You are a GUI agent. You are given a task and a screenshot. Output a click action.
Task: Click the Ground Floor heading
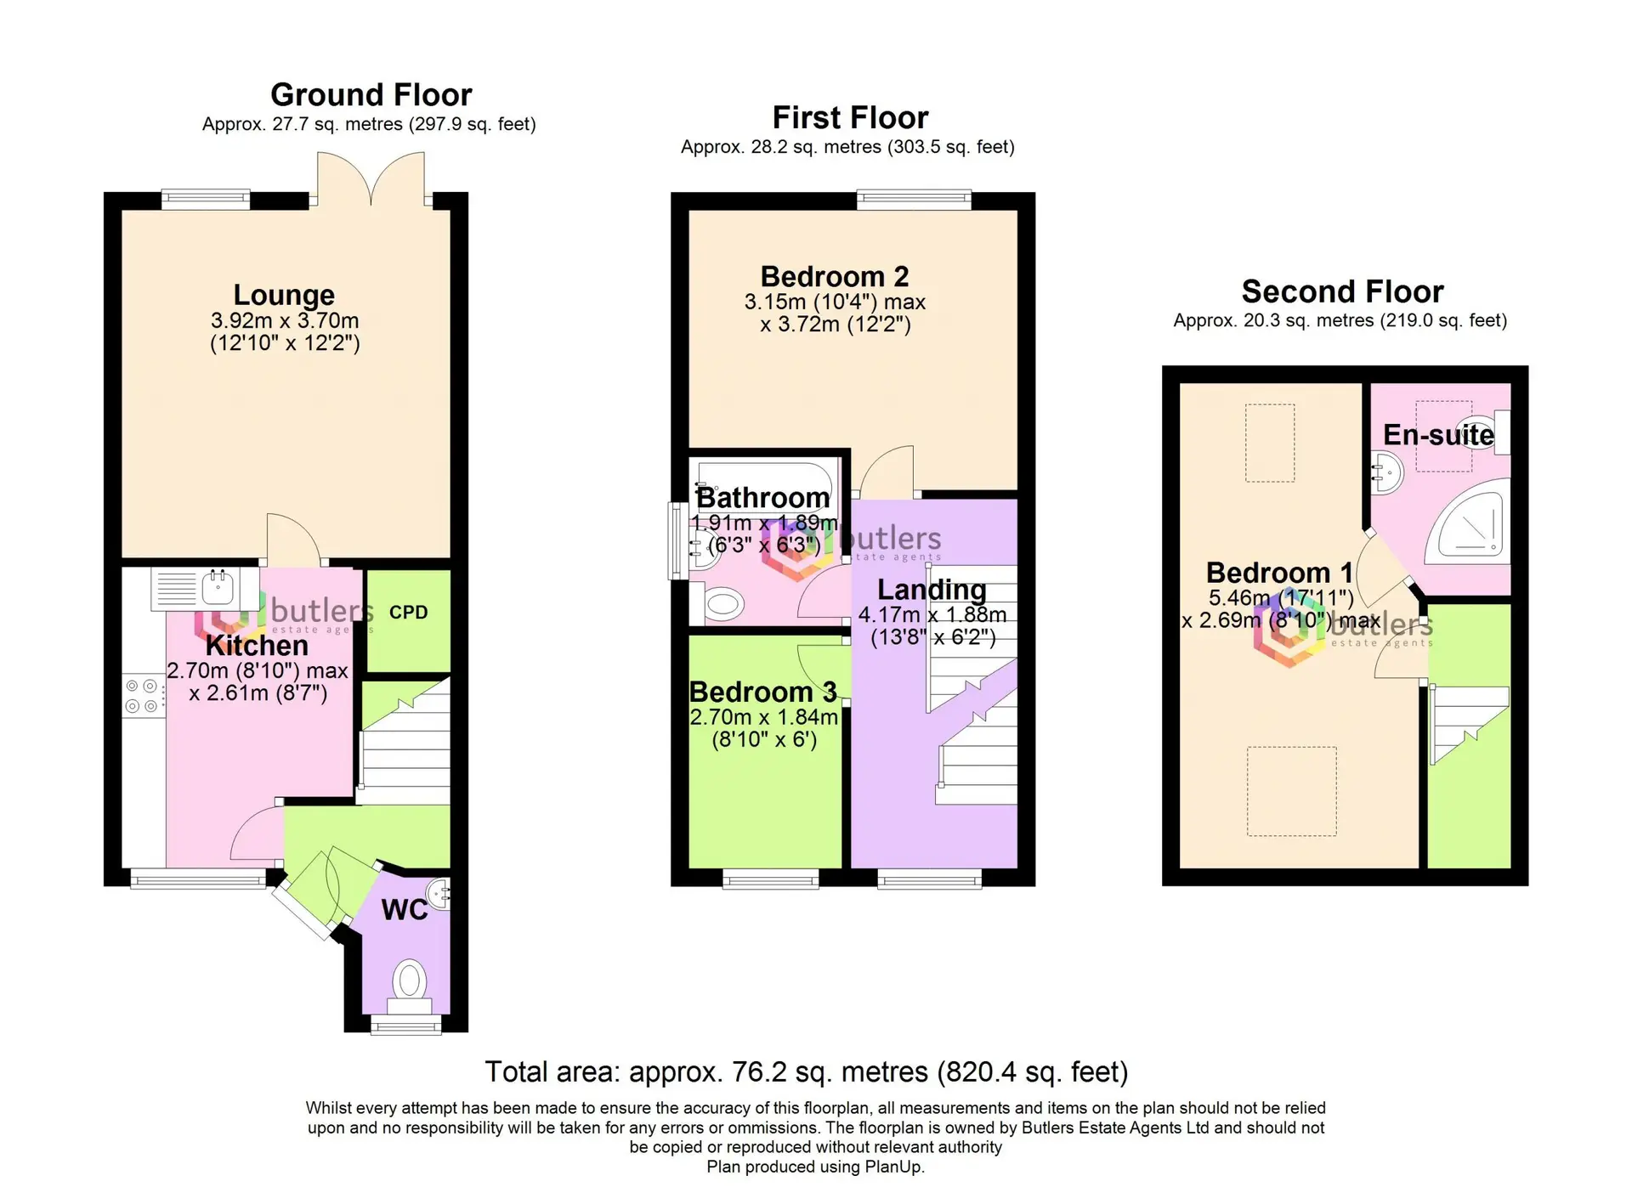371,94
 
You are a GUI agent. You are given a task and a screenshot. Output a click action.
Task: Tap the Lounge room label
284,295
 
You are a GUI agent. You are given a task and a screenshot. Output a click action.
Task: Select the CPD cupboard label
408,613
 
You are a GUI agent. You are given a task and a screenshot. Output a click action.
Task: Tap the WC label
405,910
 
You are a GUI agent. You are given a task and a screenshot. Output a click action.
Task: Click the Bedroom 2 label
834,277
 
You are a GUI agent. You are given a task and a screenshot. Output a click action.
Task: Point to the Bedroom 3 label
762,692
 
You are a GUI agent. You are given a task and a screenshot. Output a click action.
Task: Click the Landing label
932,590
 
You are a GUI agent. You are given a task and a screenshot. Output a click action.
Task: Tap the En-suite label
1438,435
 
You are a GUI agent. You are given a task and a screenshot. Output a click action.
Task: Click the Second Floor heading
1342,291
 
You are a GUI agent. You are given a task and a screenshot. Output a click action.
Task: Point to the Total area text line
806,1072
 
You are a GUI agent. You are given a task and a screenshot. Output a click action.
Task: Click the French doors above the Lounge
371,179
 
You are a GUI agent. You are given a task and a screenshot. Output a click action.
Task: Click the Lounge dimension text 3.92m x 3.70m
285,321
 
